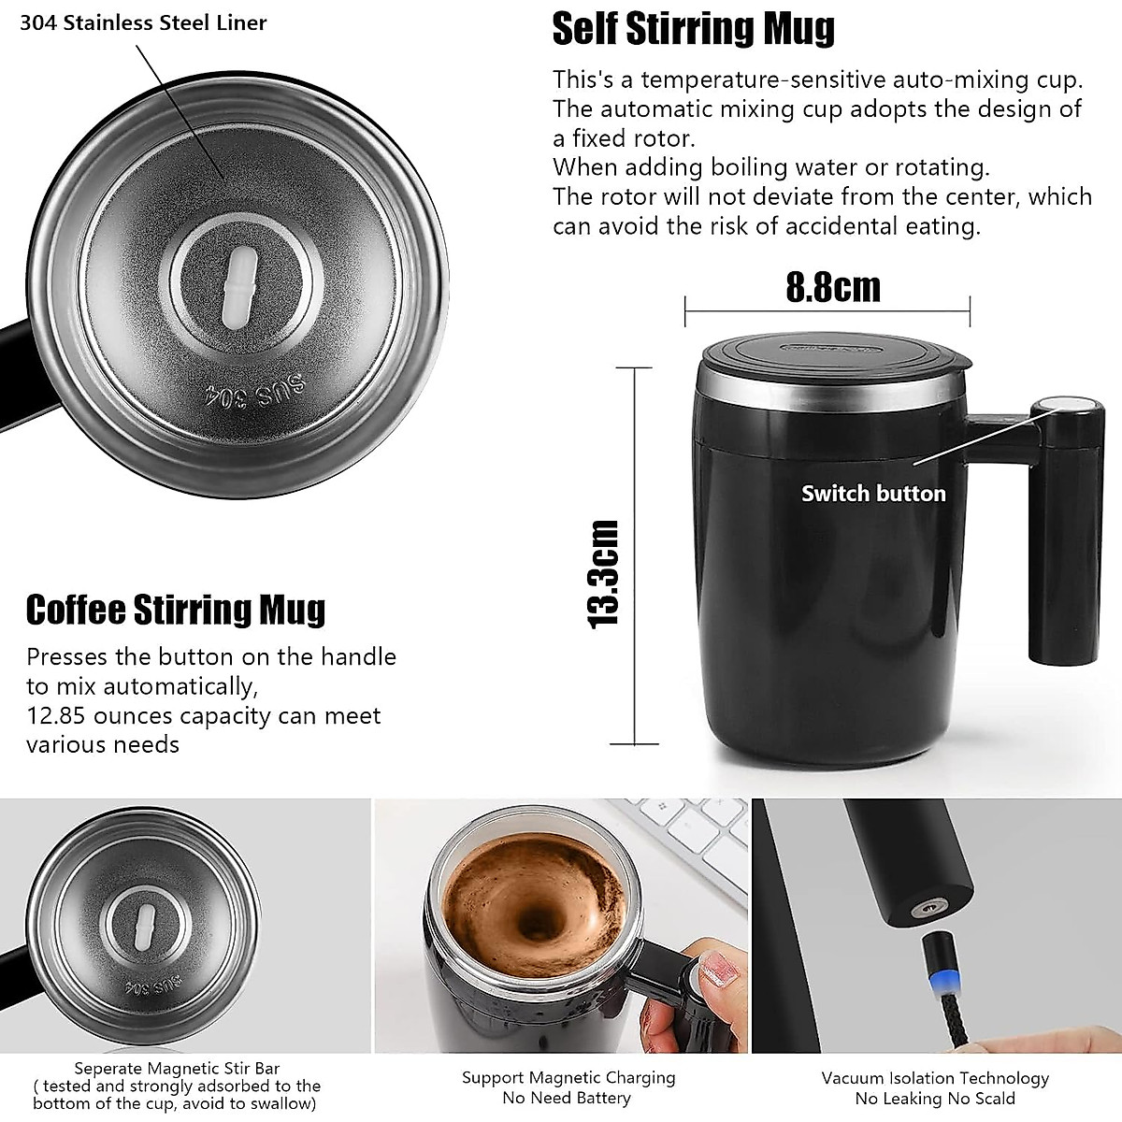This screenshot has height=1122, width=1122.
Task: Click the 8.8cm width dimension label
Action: point(832,287)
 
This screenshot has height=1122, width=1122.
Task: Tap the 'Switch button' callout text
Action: point(872,494)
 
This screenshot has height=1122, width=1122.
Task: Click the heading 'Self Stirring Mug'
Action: point(693,28)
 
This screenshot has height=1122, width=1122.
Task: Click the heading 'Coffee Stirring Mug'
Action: point(176,610)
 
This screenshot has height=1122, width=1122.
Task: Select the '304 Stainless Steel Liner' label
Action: point(143,22)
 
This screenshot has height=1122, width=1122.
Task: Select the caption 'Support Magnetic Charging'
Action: point(568,1077)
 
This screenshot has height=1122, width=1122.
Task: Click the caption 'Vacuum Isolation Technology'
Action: point(935,1078)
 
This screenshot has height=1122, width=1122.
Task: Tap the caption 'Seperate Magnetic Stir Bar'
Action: point(177,1068)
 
